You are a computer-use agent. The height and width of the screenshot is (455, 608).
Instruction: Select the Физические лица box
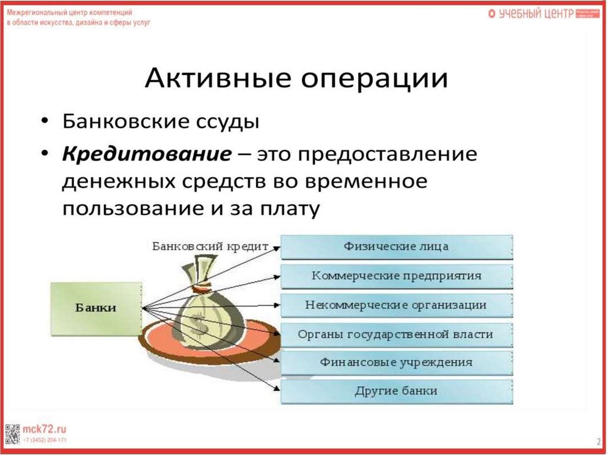(x=396, y=246)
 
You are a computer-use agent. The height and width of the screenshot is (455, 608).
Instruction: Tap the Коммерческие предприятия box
(x=396, y=276)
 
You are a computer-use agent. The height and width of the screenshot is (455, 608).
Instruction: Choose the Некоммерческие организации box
(x=396, y=305)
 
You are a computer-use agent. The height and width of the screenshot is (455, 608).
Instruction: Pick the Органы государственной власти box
(x=396, y=334)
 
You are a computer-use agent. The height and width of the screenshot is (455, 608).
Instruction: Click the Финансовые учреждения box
(x=396, y=362)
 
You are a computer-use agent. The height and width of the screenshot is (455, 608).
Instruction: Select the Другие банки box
(x=396, y=391)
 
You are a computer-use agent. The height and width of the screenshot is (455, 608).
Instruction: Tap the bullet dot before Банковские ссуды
(x=46, y=123)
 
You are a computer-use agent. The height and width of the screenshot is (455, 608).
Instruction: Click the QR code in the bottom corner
(x=13, y=434)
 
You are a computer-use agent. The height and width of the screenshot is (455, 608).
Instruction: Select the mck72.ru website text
(x=45, y=428)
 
